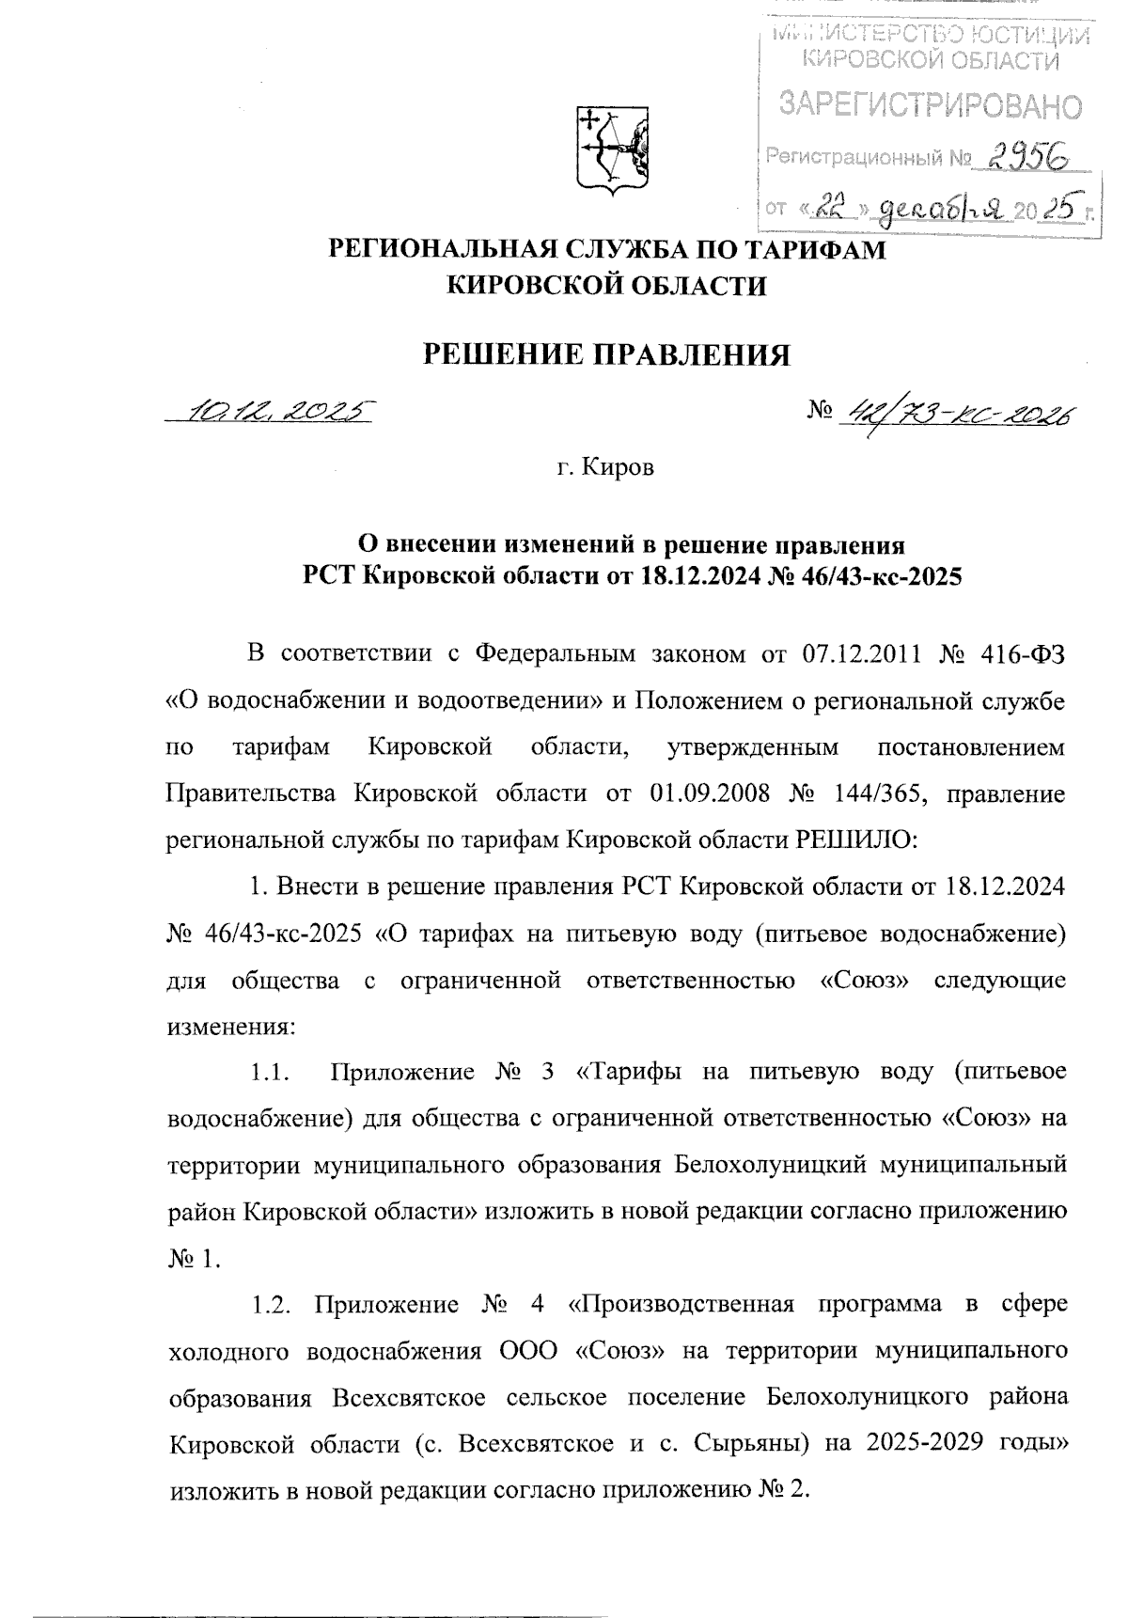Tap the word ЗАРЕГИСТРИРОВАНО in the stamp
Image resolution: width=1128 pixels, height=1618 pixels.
pos(930,106)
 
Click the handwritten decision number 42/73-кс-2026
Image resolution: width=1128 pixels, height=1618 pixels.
pos(959,412)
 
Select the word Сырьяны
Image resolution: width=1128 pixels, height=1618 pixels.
pos(745,1443)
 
